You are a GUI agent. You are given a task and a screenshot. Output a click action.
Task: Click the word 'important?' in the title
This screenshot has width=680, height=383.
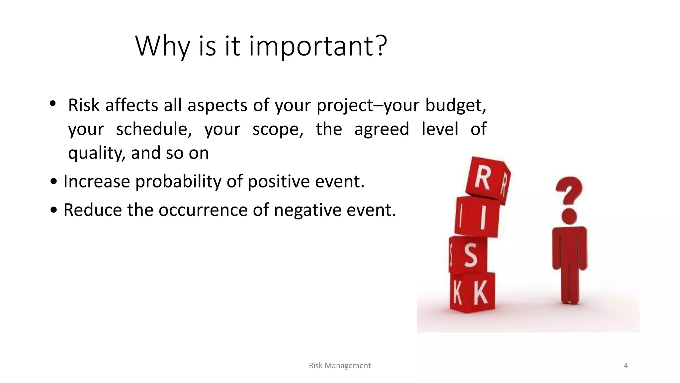tap(318, 46)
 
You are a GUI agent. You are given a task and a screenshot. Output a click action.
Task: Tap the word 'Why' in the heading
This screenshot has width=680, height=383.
tap(162, 46)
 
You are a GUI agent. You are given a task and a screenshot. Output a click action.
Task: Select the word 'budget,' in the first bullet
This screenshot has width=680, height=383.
tap(456, 106)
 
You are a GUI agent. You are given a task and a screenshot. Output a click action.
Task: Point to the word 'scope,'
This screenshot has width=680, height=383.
tap(278, 129)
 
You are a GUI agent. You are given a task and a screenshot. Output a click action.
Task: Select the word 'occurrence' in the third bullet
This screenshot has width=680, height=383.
tap(203, 210)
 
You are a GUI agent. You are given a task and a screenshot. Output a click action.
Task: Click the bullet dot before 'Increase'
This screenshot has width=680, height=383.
tap(54, 182)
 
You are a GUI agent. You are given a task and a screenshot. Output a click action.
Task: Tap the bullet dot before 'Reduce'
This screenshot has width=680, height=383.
tap(54, 210)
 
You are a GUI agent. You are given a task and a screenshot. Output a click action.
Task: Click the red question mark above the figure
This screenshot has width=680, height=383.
tap(569, 190)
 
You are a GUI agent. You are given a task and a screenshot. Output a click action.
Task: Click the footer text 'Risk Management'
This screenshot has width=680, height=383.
tap(339, 366)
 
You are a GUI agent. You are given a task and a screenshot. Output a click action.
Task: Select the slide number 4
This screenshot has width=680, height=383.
tap(626, 366)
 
